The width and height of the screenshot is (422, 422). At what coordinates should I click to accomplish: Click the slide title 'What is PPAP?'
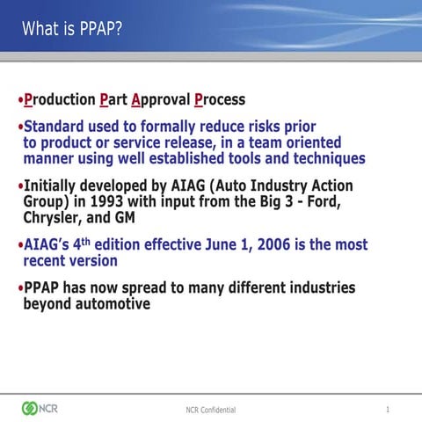(72, 29)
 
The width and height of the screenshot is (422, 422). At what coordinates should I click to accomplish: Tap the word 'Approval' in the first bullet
(160, 99)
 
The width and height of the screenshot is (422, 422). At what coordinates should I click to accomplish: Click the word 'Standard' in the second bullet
(56, 127)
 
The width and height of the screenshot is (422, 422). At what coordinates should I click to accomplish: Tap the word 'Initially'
(54, 186)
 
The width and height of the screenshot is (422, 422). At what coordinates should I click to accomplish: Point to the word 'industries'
(316, 287)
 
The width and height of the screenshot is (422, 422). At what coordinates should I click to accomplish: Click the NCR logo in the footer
(39, 408)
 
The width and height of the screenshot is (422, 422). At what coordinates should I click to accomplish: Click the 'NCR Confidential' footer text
(210, 410)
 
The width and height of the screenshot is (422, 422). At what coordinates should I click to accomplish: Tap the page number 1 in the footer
(387, 409)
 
